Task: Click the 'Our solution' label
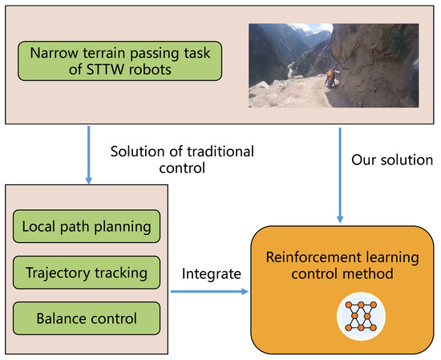[x=391, y=160]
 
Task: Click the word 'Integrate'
[x=212, y=273]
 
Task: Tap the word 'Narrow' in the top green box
[x=54, y=55]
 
